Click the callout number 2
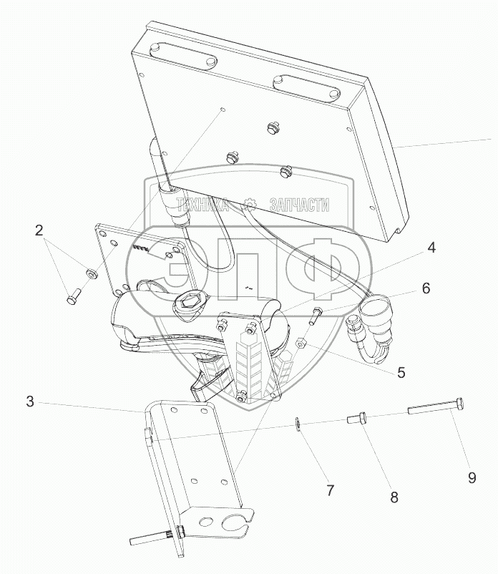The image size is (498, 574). (39, 230)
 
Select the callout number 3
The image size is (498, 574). (30, 402)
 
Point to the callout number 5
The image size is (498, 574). (401, 372)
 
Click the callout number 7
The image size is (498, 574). (331, 490)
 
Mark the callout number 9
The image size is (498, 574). (472, 477)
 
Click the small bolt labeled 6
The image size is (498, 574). (317, 313)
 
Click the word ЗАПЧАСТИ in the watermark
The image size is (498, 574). (298, 205)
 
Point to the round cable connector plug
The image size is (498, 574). (375, 313)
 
